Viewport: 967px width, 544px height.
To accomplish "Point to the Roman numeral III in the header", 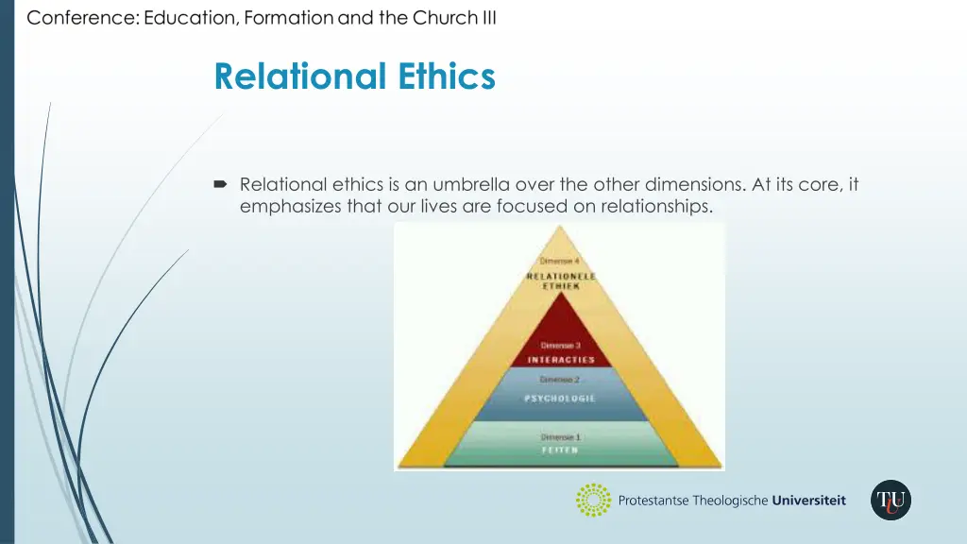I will coord(488,18).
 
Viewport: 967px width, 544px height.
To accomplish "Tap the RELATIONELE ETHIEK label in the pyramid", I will coord(561,280).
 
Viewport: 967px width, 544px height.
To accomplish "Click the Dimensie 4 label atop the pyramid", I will coord(560,261).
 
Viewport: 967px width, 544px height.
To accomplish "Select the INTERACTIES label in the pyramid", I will coord(561,360).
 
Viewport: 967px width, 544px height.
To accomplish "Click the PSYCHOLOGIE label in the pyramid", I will coord(560,399).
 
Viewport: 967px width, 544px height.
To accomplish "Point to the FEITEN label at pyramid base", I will coord(560,450).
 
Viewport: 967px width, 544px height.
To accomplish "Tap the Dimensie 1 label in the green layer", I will coord(560,436).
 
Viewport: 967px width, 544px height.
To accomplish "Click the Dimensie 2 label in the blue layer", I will coord(560,380).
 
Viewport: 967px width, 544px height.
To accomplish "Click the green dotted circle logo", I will coord(594,501).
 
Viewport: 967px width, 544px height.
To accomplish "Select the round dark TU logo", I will coord(891,501).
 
